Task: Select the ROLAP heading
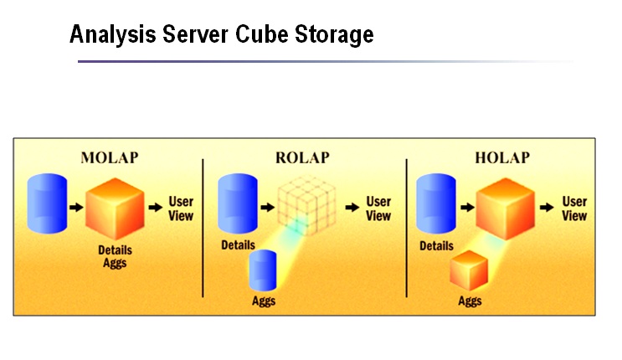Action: click(x=302, y=157)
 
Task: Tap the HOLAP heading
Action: click(x=503, y=157)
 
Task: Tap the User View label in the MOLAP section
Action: click(x=181, y=208)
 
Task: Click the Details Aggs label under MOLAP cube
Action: click(x=116, y=256)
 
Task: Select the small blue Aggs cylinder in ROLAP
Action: click(x=265, y=271)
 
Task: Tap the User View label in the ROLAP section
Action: click(x=378, y=208)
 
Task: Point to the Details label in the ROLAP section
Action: click(x=239, y=246)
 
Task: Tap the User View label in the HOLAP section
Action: click(x=574, y=208)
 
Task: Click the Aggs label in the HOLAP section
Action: click(x=470, y=301)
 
